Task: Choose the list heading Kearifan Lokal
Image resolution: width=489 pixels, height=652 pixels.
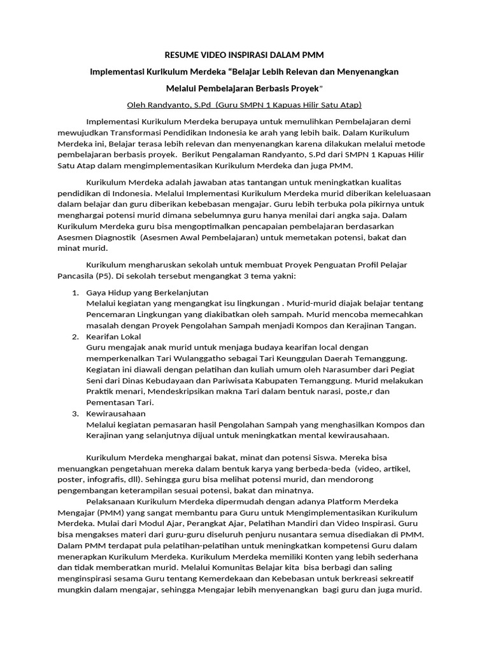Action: click(114, 336)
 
